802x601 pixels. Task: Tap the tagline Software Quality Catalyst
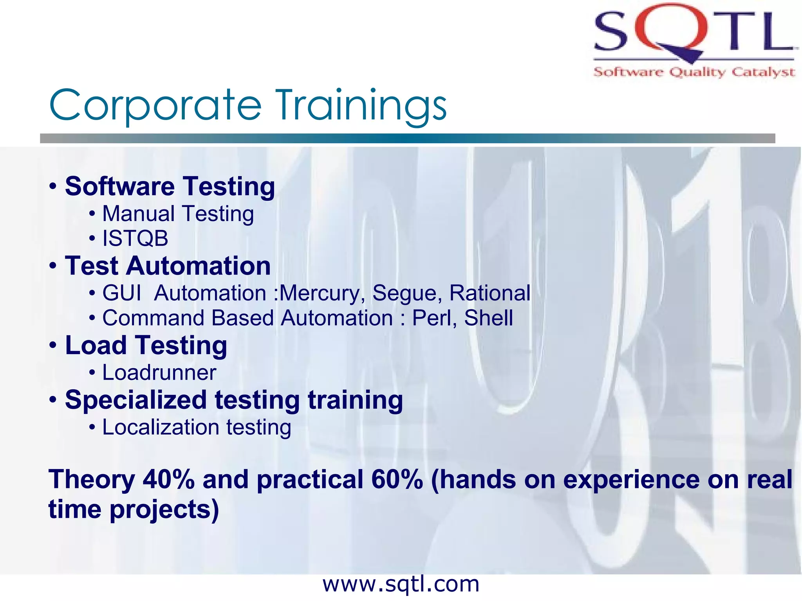(694, 72)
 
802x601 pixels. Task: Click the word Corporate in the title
(155, 105)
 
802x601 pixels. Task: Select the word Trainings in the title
(361, 105)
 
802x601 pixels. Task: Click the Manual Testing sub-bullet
(178, 214)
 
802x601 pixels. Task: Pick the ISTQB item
(135, 238)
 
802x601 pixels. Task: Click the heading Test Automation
(168, 266)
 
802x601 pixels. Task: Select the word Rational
(490, 293)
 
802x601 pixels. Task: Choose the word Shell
(488, 318)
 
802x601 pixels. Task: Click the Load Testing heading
(146, 345)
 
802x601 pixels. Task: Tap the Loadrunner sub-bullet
(159, 372)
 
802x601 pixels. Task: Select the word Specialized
(135, 400)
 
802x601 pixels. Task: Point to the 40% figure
(168, 480)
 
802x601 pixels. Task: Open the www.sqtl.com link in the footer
(401, 585)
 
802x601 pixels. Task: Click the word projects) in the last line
(164, 510)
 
